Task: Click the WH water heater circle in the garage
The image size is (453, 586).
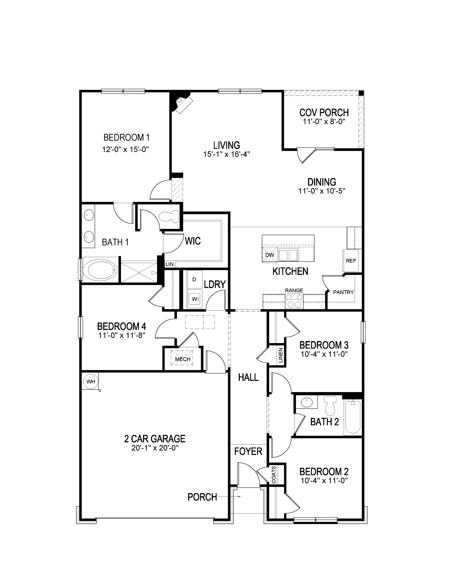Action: [91, 381]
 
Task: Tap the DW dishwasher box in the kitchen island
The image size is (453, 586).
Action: [269, 255]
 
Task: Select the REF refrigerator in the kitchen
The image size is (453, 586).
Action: [350, 261]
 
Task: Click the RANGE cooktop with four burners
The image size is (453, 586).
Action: [294, 301]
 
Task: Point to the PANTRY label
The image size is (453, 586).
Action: [343, 292]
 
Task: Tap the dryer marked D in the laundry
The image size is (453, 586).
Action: [194, 279]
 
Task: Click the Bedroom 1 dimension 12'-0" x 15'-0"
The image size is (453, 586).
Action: [125, 149]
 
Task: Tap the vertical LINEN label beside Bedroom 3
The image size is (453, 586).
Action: [281, 355]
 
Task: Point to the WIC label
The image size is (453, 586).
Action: [193, 241]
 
